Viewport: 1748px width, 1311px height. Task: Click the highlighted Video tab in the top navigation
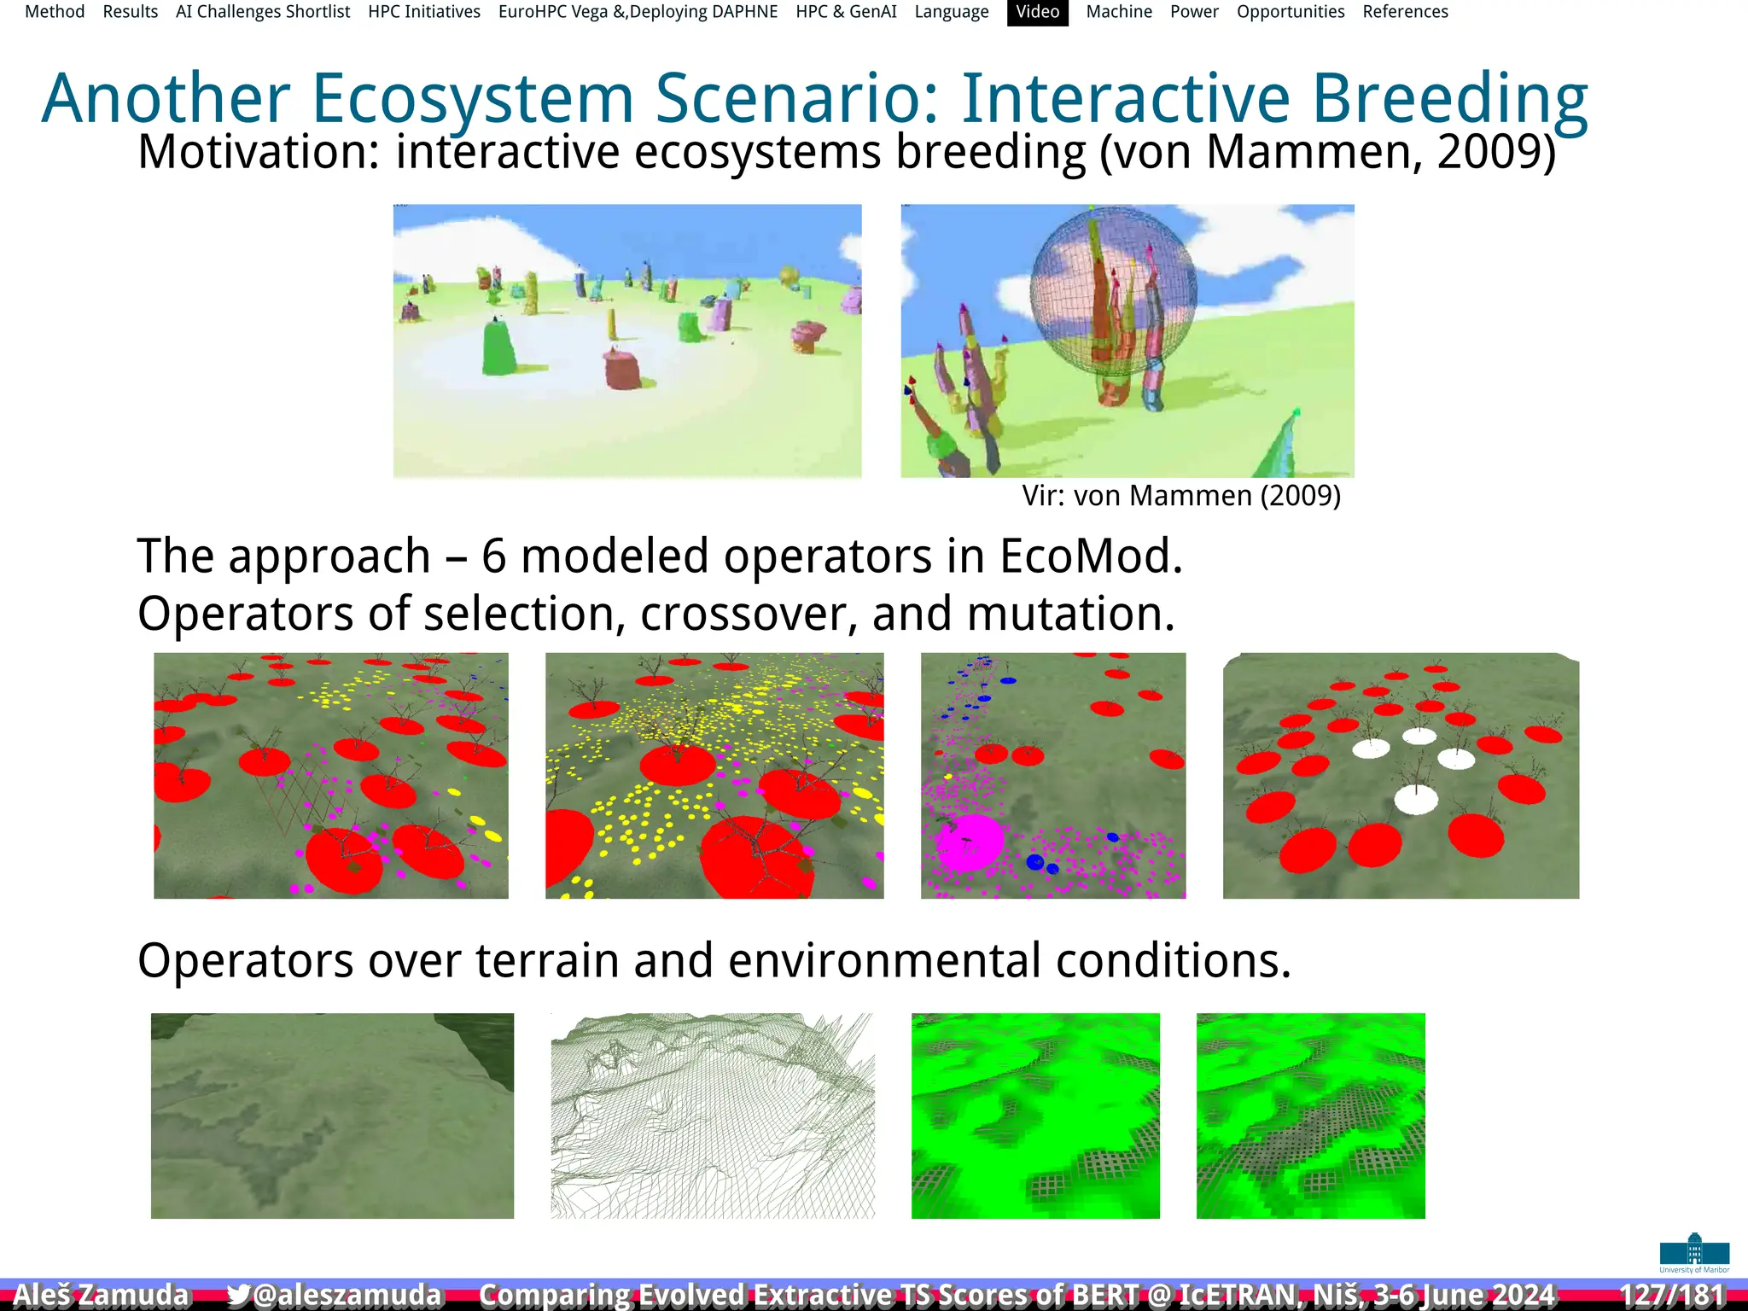[1037, 12]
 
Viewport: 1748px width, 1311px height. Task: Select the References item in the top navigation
[1405, 12]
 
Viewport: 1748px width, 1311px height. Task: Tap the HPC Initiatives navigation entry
[424, 12]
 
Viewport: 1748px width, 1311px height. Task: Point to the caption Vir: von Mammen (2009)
[1181, 496]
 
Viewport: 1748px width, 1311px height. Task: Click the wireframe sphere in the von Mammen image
[1113, 290]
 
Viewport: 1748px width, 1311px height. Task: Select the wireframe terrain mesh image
[713, 1116]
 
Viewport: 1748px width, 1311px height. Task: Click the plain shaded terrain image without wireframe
[332, 1116]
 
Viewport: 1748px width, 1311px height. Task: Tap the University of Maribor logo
[1694, 1252]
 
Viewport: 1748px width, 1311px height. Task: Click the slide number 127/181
[1672, 1295]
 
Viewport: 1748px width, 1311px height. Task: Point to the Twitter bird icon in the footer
[238, 1295]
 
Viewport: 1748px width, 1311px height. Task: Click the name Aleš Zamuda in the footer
[101, 1295]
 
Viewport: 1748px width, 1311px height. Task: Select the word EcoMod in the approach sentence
[1090, 556]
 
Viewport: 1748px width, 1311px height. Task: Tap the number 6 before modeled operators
[493, 556]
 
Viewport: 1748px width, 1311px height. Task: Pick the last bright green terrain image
[1310, 1116]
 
